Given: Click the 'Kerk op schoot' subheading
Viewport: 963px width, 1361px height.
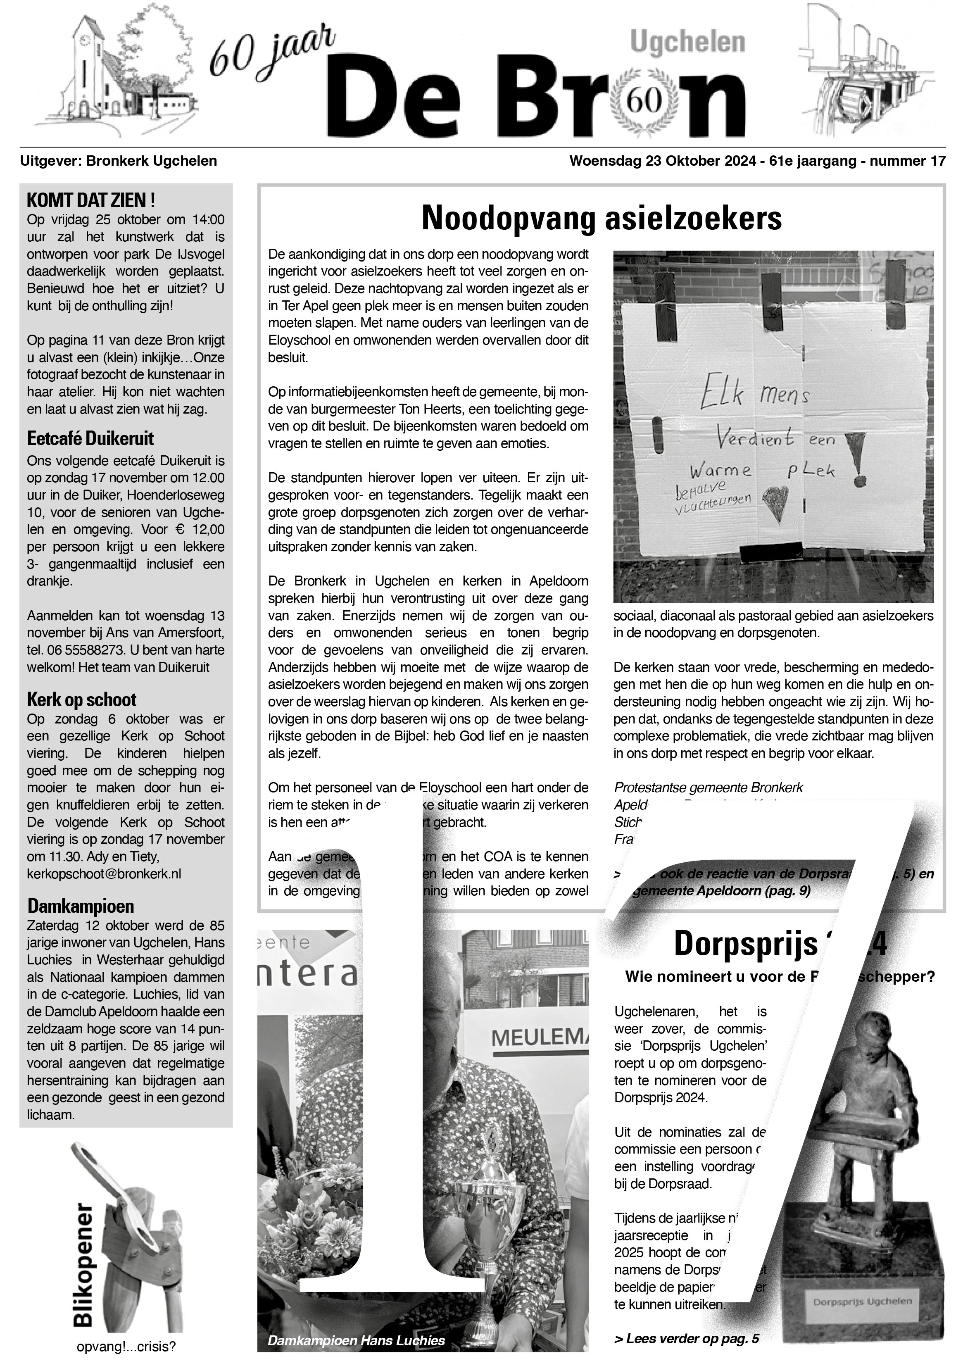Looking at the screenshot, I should coord(82,700).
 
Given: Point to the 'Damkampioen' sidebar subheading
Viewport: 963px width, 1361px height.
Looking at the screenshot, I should coord(81,906).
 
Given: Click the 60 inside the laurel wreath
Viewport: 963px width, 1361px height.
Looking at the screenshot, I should coord(644,102).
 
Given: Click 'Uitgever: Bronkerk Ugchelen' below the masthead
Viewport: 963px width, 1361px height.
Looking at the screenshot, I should coord(119,161).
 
